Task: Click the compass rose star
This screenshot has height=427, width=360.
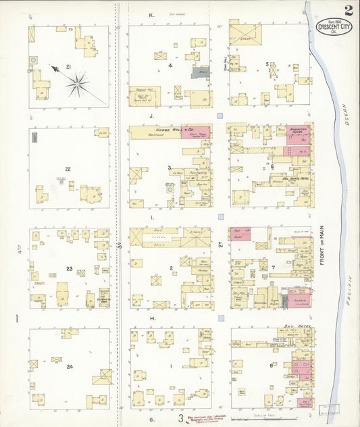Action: [x=78, y=84]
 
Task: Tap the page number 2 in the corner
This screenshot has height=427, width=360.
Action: [x=347, y=10]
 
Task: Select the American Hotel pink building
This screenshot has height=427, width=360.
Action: [x=298, y=136]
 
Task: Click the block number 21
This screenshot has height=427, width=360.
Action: [x=69, y=67]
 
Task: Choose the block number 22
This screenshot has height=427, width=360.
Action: [x=68, y=169]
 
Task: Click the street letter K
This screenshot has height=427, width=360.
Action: [x=152, y=14]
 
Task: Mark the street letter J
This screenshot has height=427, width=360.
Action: [x=152, y=116]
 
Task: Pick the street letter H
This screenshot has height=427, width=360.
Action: [x=153, y=318]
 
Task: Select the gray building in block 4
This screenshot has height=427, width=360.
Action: [x=201, y=72]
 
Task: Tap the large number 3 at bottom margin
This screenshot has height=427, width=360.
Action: [x=180, y=418]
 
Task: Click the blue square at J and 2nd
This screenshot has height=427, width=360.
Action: [x=220, y=116]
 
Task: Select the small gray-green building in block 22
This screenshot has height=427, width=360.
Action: [x=34, y=137]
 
